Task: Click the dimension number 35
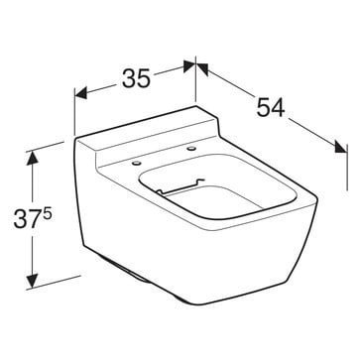pyautogui.click(x=136, y=78)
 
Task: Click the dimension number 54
pyautogui.click(x=271, y=107)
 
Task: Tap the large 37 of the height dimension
pyautogui.click(x=28, y=219)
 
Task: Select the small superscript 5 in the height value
pyautogui.click(x=47, y=213)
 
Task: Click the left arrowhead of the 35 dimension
pyautogui.click(x=81, y=93)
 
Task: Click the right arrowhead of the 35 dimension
pyautogui.click(x=189, y=65)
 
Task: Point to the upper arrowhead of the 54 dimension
pyautogui.click(x=202, y=68)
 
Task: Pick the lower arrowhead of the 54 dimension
pyautogui.click(x=341, y=147)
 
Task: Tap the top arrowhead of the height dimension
pyautogui.click(x=32, y=159)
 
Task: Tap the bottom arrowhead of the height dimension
pyautogui.click(x=32, y=281)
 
